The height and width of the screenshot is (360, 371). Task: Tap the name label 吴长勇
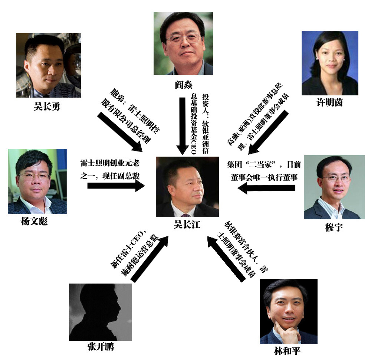(46, 107)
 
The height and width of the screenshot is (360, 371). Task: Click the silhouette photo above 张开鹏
(100, 312)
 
